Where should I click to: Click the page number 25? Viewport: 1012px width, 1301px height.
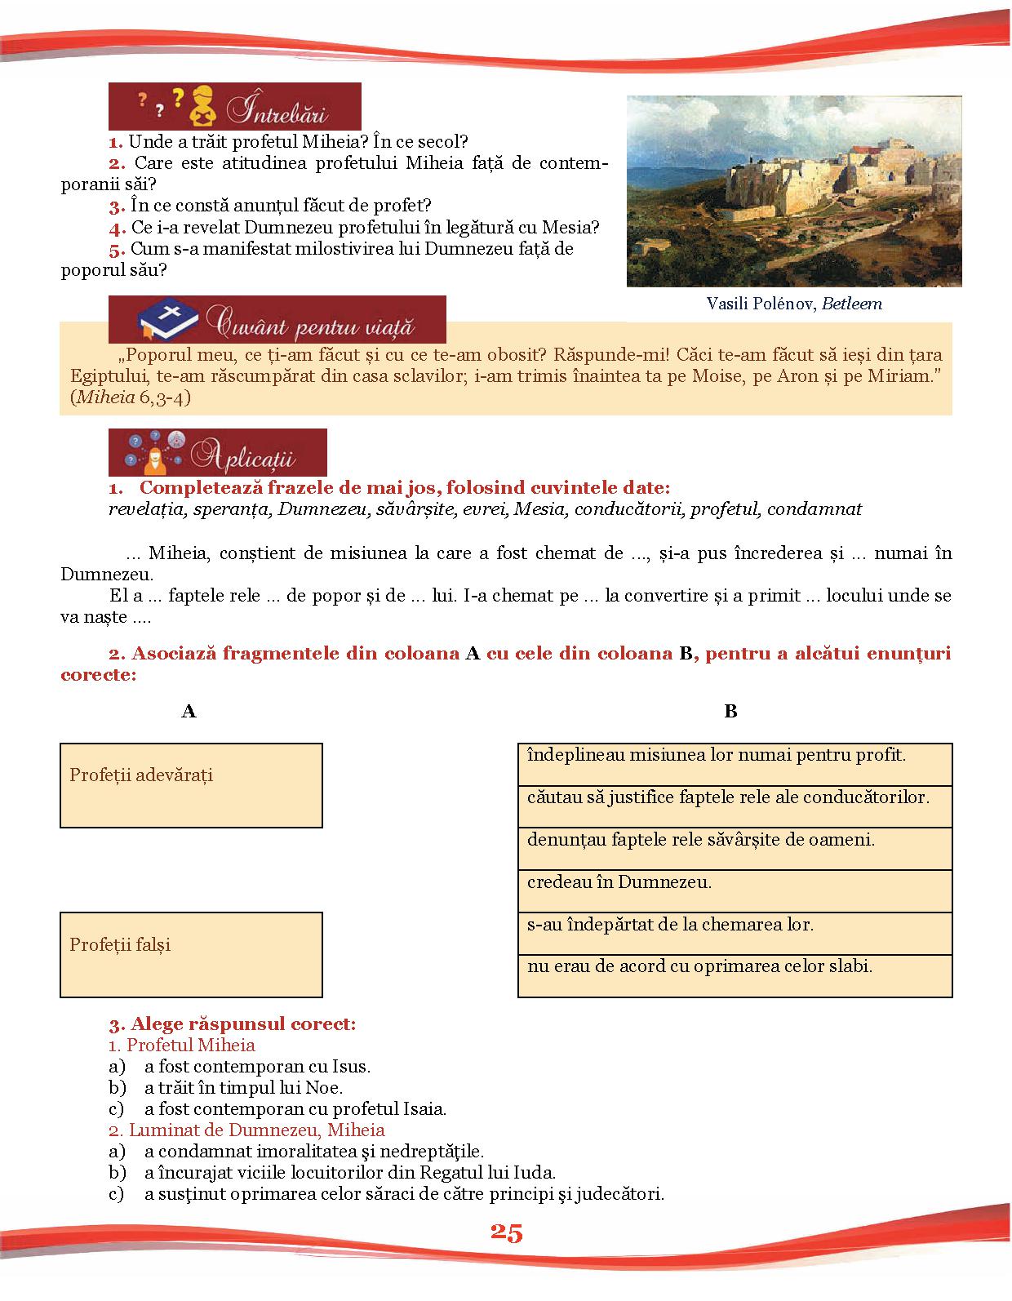(506, 1232)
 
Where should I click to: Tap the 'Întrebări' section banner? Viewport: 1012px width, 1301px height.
(235, 106)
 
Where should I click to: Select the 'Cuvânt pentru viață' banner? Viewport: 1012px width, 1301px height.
(277, 319)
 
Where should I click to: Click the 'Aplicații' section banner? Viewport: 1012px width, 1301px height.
(218, 452)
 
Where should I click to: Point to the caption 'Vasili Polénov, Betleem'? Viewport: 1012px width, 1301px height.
(794, 304)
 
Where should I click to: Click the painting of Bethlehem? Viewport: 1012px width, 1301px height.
(794, 191)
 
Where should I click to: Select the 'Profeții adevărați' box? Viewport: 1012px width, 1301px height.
(191, 785)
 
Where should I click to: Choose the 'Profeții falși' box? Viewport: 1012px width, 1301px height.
(191, 954)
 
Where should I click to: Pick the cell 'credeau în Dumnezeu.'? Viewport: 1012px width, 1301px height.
(735, 890)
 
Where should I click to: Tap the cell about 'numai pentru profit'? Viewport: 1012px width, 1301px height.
(735, 764)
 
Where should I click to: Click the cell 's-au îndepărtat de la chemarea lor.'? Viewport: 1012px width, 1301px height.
(735, 933)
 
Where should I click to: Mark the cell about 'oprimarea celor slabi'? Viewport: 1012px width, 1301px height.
(735, 975)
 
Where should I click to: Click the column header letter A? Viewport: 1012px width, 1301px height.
(189, 711)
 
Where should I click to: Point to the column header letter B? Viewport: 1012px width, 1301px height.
(730, 711)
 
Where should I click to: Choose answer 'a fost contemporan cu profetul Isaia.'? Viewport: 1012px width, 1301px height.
(295, 1108)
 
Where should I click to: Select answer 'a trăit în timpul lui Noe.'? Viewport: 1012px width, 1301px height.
(243, 1087)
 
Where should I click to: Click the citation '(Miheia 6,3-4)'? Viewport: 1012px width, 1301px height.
(131, 397)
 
